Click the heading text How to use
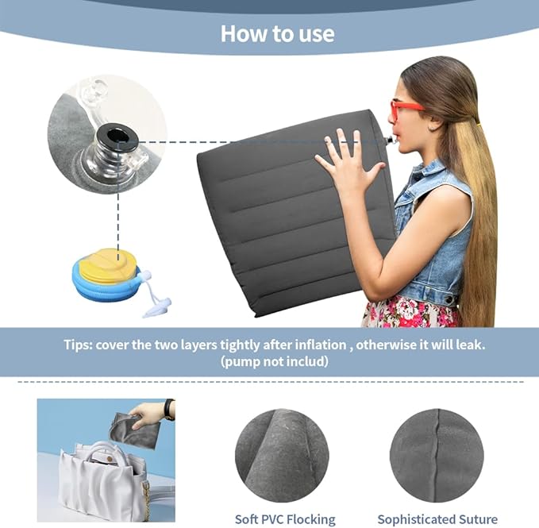277,34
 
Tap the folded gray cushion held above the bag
136,430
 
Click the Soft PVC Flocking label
285,519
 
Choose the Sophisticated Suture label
437,519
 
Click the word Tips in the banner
79,345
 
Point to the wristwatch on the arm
168,410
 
